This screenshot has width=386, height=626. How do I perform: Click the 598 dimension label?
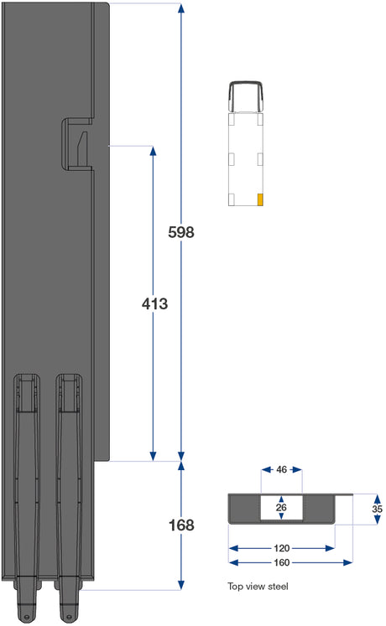[x=181, y=232]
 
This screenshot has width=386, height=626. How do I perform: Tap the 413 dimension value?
[x=154, y=304]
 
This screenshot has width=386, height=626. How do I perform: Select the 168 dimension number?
[x=181, y=525]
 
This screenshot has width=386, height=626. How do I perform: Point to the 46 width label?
[x=281, y=469]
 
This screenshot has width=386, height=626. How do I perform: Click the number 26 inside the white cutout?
[x=281, y=507]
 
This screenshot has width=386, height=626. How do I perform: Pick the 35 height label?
[x=378, y=509]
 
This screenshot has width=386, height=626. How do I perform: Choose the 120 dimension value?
[x=282, y=548]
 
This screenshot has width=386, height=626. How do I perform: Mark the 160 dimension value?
[x=282, y=562]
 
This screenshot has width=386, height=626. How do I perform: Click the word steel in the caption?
[x=278, y=586]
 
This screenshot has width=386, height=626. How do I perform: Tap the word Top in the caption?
[x=235, y=587]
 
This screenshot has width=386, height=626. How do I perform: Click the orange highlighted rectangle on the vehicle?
[x=260, y=199]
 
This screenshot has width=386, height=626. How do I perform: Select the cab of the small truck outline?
[x=246, y=96]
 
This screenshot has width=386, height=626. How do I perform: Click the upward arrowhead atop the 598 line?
[x=181, y=8]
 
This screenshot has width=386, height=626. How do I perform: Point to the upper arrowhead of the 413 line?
[x=153, y=151]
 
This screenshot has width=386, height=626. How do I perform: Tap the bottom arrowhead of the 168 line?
[x=181, y=585]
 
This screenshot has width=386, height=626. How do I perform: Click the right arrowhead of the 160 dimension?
[x=347, y=562]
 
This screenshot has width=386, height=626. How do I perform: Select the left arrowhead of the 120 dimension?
[x=234, y=548]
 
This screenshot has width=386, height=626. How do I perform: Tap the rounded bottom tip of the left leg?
[x=26, y=617]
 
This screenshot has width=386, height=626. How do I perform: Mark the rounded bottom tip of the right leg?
[x=68, y=616]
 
